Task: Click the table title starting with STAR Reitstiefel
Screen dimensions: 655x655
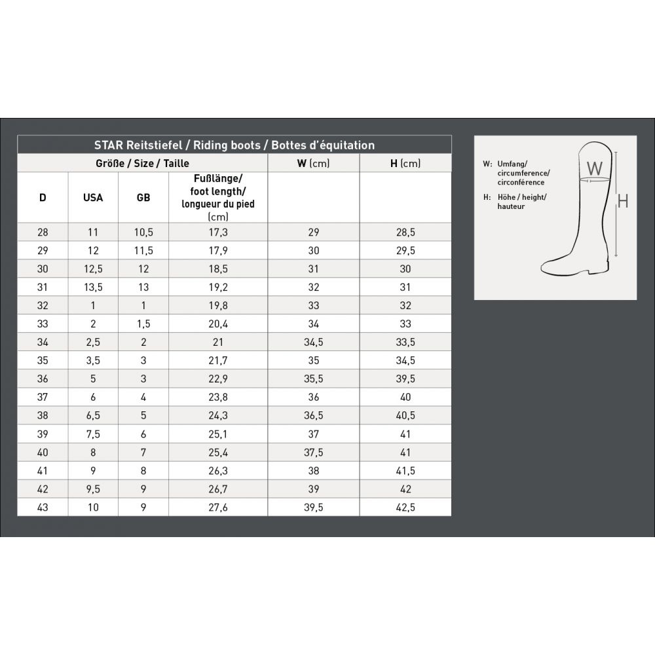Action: point(234,145)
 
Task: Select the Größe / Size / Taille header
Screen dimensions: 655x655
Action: point(142,163)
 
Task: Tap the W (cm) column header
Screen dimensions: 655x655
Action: point(313,163)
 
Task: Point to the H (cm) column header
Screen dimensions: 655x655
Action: point(405,163)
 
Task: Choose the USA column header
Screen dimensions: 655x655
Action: point(93,197)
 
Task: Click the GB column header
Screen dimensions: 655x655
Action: point(143,197)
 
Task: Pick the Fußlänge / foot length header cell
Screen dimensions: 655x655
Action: point(218,197)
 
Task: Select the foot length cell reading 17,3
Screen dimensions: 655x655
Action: point(218,233)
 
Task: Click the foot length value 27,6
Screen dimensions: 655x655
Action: point(218,507)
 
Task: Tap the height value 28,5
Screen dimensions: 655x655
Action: point(405,233)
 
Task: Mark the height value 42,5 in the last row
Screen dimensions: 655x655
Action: point(405,507)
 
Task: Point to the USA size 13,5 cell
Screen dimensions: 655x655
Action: point(93,287)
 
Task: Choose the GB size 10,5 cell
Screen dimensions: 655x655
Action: point(143,233)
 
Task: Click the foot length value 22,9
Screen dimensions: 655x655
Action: point(218,379)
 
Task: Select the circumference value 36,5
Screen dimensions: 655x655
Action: point(313,415)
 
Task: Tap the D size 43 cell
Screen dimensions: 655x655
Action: point(43,507)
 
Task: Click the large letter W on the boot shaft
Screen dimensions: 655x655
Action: point(594,168)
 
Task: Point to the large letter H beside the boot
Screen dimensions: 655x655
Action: point(623,201)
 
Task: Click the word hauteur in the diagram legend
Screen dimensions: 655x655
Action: point(511,206)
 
